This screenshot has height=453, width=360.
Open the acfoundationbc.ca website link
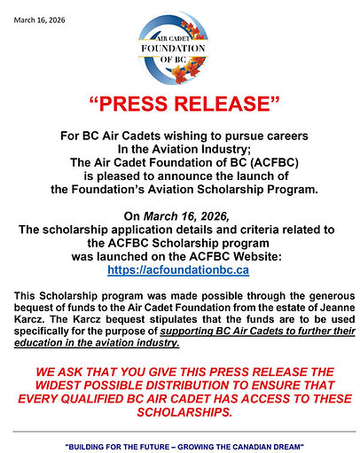[x=179, y=268]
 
